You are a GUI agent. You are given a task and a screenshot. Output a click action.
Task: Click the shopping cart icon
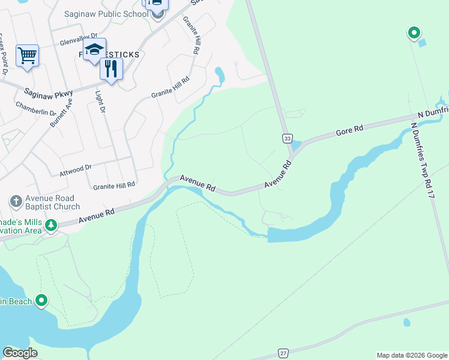point(27,56)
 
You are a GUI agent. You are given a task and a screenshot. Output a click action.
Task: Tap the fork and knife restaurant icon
point(111,68)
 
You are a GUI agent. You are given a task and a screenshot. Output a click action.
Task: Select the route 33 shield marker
point(288,139)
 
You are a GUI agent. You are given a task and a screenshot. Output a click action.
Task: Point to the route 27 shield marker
point(283,353)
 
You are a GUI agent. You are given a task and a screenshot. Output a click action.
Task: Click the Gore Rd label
point(350,130)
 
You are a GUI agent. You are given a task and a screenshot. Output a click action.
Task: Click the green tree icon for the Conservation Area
point(52,226)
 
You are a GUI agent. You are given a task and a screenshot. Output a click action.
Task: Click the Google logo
point(20,353)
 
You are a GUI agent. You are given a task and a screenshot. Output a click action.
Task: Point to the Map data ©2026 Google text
point(411,355)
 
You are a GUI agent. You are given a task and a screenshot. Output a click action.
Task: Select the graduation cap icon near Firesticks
point(94,49)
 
